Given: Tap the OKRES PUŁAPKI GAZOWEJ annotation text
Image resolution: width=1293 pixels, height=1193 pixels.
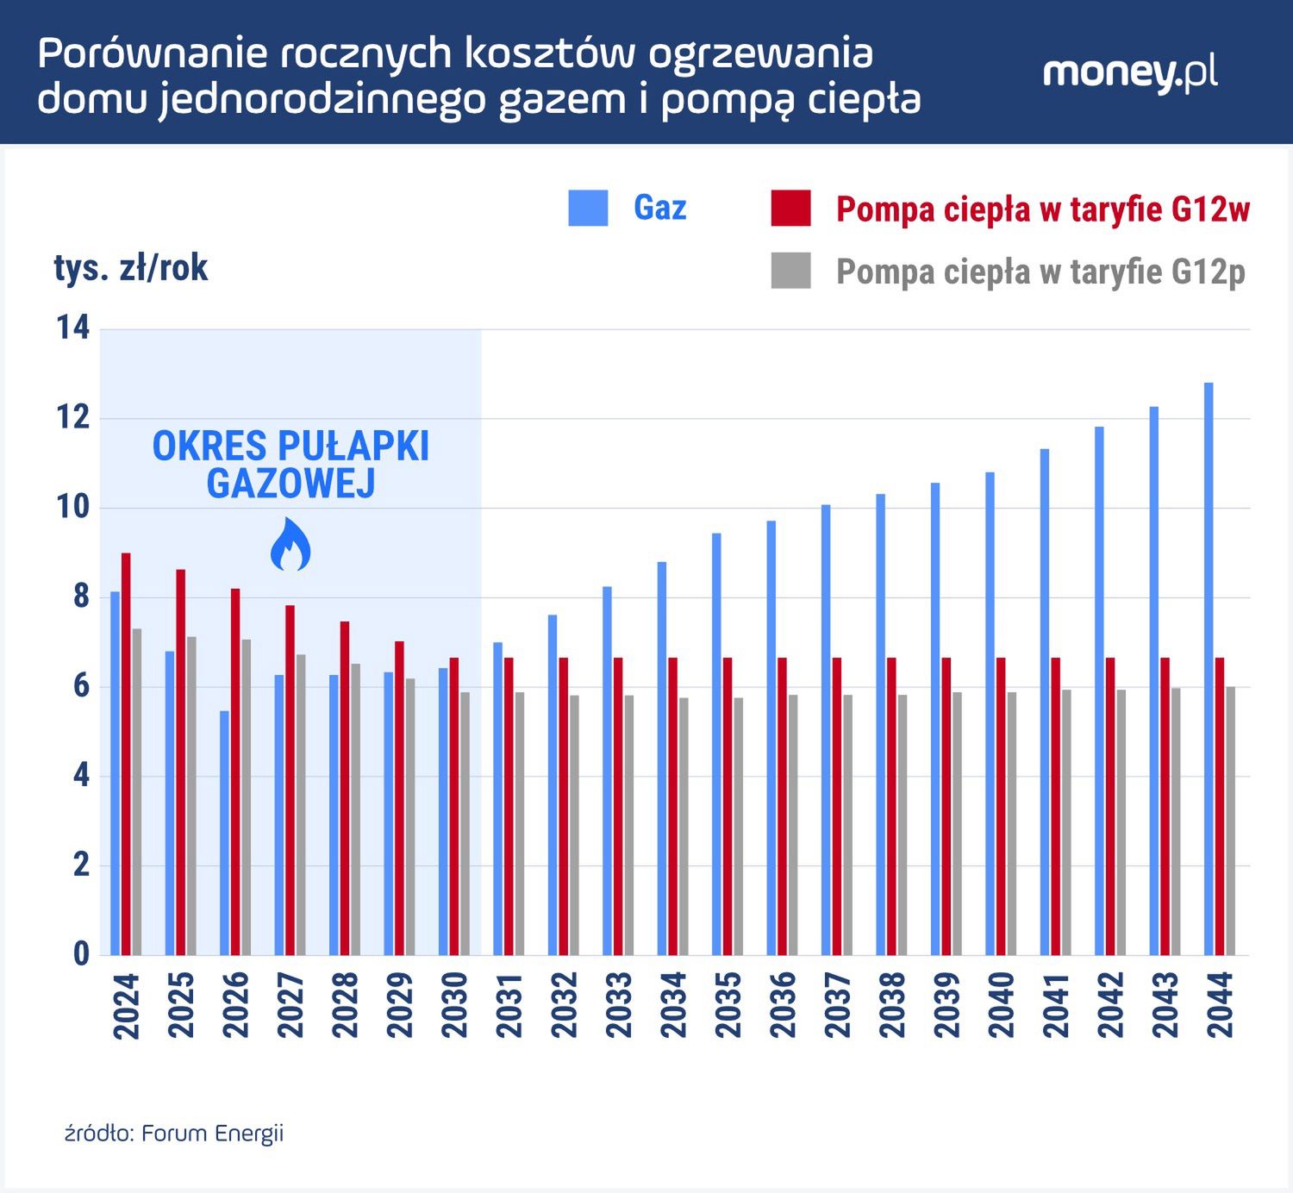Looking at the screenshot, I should (290, 465).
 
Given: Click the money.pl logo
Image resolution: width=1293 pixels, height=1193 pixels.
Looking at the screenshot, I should (1129, 72).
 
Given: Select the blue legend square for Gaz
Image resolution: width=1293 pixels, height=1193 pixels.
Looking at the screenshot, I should (588, 208).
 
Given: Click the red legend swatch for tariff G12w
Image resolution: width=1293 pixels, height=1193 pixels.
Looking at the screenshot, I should (790, 209).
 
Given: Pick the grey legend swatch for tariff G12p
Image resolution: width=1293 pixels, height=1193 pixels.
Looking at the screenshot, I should (790, 271).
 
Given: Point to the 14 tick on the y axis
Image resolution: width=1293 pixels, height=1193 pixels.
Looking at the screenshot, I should (73, 328).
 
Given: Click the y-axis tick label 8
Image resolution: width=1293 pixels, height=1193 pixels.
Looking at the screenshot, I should (80, 596).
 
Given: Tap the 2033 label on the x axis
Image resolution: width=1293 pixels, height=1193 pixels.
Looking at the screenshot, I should (619, 1005).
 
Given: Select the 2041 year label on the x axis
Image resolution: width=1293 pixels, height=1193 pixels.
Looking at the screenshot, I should (1056, 1005).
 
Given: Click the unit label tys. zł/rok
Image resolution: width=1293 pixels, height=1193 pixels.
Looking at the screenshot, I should (131, 268).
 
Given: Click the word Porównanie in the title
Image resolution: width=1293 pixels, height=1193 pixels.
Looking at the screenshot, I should (147, 53).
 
